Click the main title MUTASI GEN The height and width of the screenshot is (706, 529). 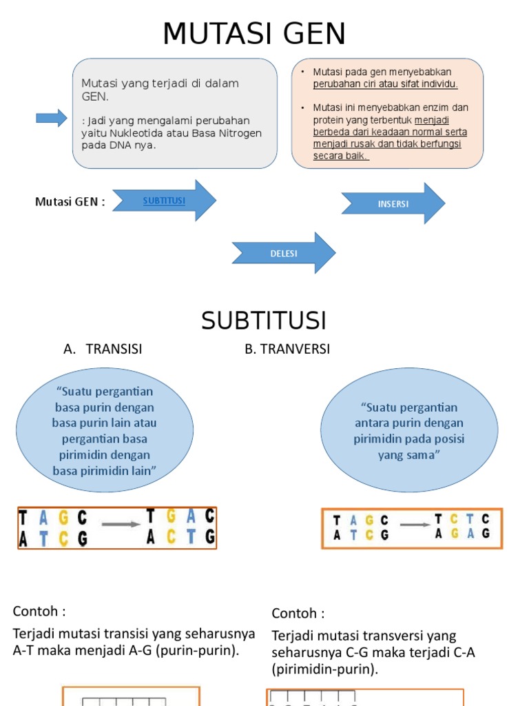tap(254, 34)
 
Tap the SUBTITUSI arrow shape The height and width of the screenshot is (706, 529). tap(164, 201)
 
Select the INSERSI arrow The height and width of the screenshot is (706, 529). tap(393, 204)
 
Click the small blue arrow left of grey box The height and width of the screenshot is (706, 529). tap(51, 118)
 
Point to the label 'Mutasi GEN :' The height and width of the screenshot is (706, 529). tap(70, 202)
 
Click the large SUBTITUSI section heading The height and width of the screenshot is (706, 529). tap(264, 321)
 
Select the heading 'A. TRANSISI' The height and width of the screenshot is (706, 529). tap(103, 349)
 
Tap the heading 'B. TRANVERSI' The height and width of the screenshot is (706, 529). tap(287, 349)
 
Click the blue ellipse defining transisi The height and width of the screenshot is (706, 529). tap(105, 431)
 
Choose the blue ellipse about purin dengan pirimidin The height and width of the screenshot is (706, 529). tap(409, 431)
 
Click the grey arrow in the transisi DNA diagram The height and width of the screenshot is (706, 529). tap(121, 525)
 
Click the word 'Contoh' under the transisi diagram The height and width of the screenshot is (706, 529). tap(39, 612)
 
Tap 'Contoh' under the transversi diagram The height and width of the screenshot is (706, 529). tap(298, 613)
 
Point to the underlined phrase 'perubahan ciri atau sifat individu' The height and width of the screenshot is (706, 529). tap(385, 84)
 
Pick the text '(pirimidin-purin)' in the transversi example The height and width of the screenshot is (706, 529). tap(324, 669)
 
